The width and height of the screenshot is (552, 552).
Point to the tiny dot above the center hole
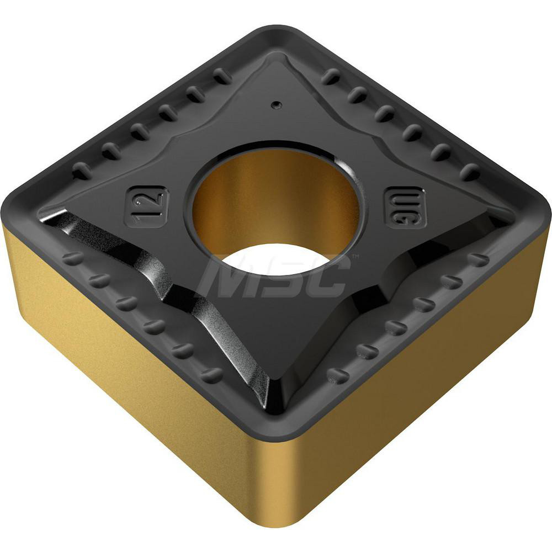[x=274, y=103]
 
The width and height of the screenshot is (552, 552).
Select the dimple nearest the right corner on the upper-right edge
[x=470, y=172]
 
